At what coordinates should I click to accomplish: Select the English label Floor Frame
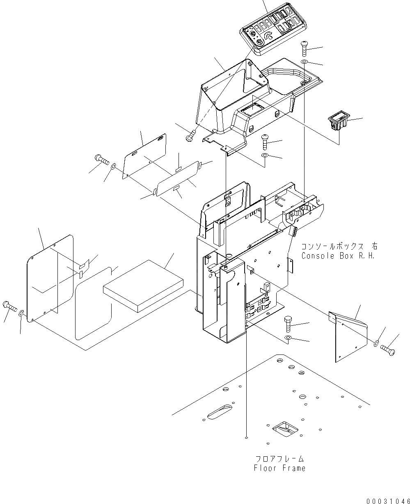279,468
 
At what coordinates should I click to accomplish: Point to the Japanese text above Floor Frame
279,459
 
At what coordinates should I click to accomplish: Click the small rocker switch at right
338,122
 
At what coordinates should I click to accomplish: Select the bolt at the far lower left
10,306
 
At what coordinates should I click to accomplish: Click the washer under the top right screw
305,62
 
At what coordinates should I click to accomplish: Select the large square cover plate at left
49,279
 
